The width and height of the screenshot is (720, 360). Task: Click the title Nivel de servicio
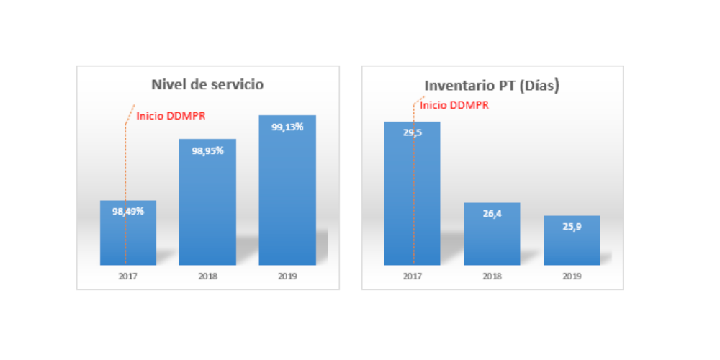tap(207, 84)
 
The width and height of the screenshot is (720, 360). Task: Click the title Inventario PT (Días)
tap(492, 85)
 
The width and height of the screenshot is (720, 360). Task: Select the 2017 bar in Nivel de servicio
tap(128, 238)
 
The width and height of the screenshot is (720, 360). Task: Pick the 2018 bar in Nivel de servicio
tap(207, 209)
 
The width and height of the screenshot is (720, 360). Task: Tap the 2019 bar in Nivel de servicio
tap(287, 194)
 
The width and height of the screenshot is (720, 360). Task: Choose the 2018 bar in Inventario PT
tap(492, 238)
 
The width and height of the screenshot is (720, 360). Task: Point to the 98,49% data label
tap(128, 211)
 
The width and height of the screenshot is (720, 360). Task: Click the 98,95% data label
tap(207, 150)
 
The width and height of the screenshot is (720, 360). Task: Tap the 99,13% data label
tap(287, 127)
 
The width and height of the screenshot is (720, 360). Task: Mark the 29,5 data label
tap(412, 132)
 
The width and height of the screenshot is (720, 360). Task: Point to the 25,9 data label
tap(572, 227)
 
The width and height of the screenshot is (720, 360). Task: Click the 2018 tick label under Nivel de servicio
tap(207, 276)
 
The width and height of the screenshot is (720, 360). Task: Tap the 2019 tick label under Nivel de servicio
tap(287, 276)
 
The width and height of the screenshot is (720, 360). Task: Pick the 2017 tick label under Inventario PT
tap(412, 276)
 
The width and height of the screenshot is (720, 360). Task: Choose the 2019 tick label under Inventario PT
tap(572, 276)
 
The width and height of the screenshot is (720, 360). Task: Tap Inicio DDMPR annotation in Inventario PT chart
tap(454, 104)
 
